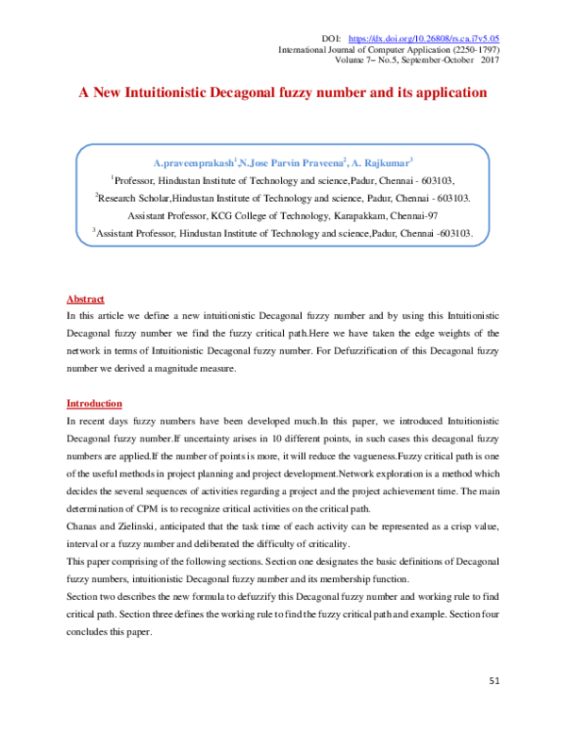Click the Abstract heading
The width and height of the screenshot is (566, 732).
coord(85,299)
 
